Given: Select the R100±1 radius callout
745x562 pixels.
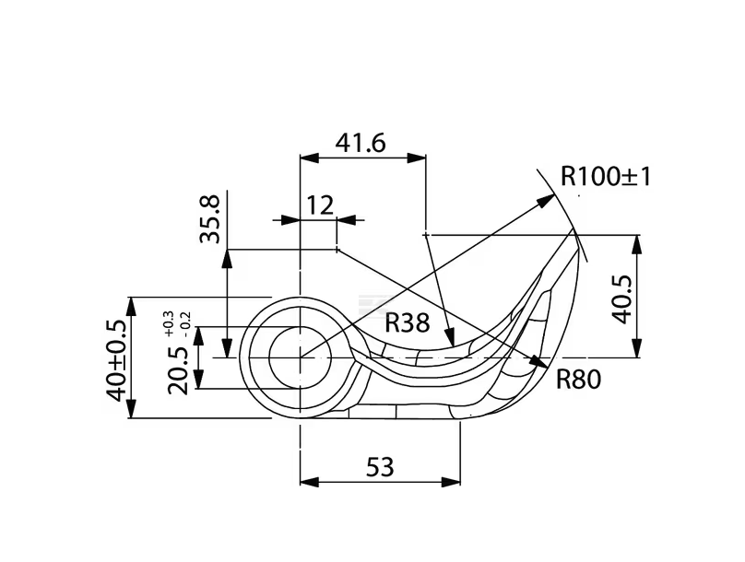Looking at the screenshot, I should click(x=606, y=175).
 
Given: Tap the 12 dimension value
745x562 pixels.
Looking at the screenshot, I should click(x=319, y=205).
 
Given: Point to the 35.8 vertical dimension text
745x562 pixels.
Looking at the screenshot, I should click(x=211, y=218).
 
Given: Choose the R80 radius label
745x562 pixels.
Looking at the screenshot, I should click(x=578, y=378).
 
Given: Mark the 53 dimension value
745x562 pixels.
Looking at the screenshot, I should click(x=380, y=467).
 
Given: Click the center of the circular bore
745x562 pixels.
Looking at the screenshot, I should click(x=300, y=357).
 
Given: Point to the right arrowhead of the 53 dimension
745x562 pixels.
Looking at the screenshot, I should click(x=454, y=482).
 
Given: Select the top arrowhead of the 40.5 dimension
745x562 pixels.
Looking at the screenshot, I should click(x=636, y=242).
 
